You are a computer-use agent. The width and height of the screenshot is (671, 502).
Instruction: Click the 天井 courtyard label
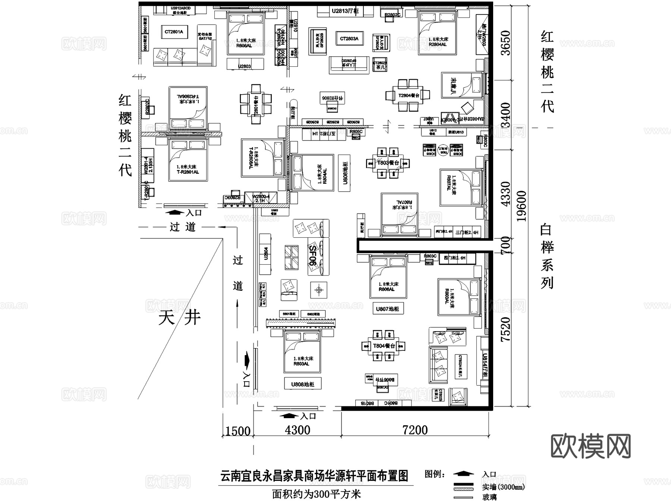pos(179,318)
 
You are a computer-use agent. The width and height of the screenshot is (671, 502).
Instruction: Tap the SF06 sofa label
pos(314,256)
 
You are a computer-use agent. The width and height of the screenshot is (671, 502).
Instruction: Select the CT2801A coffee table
pos(174,32)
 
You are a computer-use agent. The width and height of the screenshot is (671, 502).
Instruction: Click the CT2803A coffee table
pos(349,39)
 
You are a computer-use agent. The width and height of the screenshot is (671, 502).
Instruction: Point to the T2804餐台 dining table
pos(409,95)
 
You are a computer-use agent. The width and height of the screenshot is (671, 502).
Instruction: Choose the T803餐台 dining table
pos(388,163)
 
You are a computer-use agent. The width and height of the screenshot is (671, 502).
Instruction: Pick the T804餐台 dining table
pos(384,346)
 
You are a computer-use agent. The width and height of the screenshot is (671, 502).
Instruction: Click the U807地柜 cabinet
pos(387,309)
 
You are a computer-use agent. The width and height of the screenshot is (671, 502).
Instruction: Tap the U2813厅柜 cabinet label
pos(345,11)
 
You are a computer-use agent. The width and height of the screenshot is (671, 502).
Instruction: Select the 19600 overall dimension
pos(522,206)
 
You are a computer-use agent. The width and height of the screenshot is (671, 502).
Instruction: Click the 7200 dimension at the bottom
pos(415,430)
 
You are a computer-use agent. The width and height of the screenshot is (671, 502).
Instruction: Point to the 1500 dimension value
pos(238,431)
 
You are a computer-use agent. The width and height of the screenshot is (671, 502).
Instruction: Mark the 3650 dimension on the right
pos(505,43)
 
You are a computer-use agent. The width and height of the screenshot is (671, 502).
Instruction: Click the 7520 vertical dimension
pos(505,329)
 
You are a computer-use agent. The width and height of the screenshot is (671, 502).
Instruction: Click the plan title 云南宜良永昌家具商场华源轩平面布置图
pos(314,476)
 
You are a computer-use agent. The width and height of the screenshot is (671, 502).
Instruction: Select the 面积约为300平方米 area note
pos(316,494)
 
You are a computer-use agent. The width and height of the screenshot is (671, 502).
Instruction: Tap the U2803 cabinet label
pos(245,66)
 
